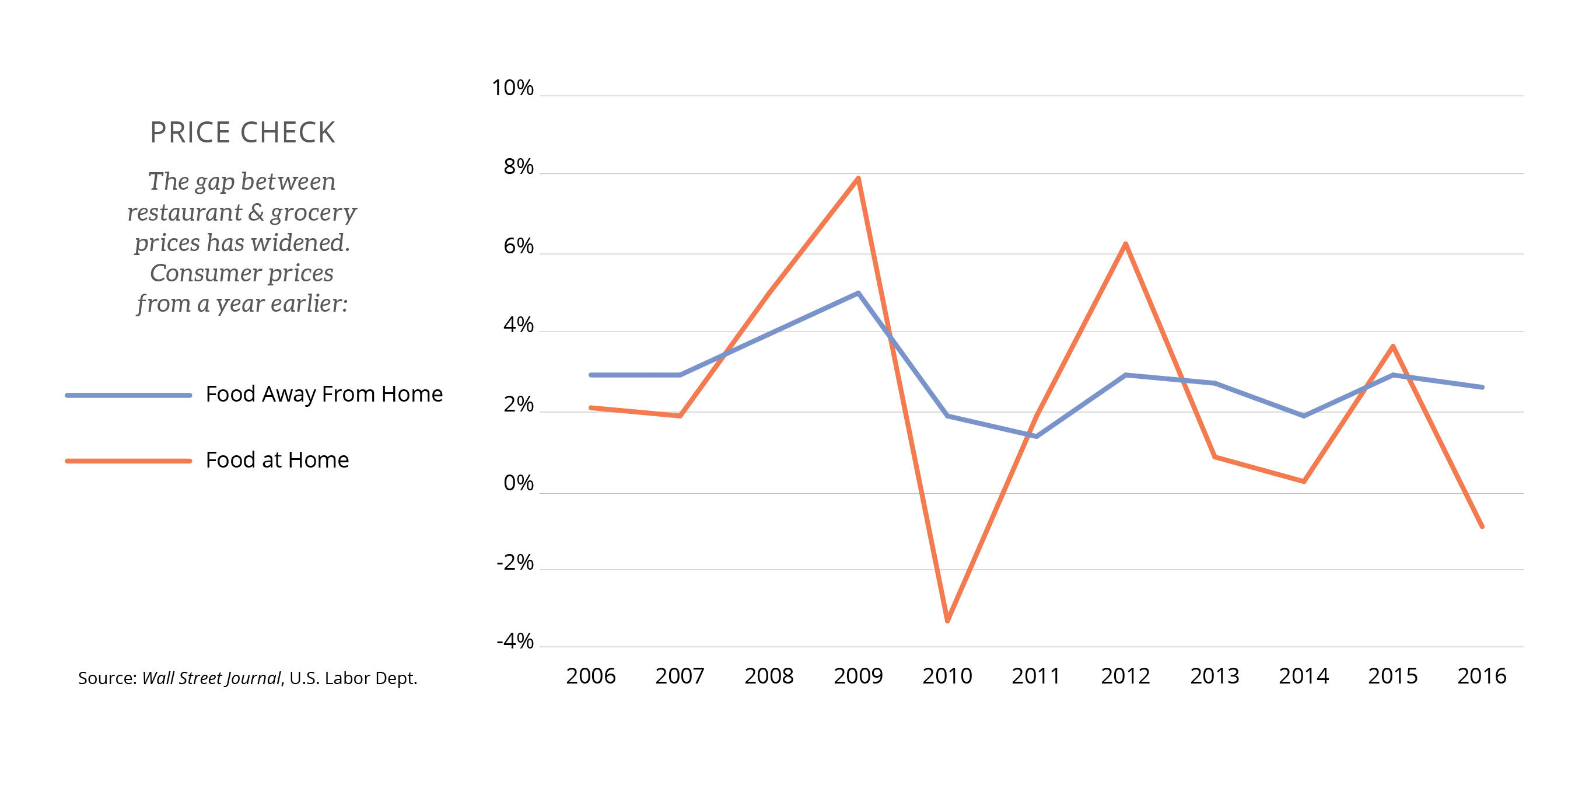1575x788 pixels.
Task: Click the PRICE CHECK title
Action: pos(243,133)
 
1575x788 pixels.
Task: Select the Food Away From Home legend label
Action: pos(324,394)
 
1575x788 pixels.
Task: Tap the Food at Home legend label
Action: pos(277,460)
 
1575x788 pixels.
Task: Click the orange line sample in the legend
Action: pos(128,461)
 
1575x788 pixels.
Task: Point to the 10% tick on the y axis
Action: pos(512,88)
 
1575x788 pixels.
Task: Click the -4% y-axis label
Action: pos(515,641)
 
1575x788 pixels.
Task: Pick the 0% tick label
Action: pos(519,483)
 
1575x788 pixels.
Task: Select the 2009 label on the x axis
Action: pos(858,676)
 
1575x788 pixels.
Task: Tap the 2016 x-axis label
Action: pos(1482,676)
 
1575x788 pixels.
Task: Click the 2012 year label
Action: pos(1125,676)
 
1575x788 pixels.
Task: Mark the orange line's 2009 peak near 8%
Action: pos(859,179)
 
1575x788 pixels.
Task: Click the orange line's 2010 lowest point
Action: pos(947,621)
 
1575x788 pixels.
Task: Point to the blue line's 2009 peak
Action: pos(859,293)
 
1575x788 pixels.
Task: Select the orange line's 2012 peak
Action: pos(1125,244)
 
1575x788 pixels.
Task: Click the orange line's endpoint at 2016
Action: pos(1482,526)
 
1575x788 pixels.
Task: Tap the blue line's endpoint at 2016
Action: pos(1482,387)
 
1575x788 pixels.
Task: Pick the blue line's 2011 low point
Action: pos(1036,436)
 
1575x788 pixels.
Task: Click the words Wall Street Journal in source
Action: pos(211,678)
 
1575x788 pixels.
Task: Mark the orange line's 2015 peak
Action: pos(1393,346)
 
